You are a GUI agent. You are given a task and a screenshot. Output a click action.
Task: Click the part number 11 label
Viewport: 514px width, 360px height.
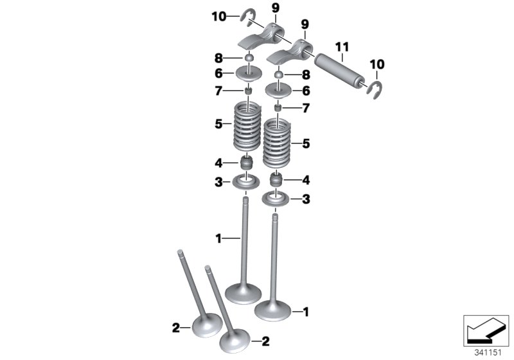342,46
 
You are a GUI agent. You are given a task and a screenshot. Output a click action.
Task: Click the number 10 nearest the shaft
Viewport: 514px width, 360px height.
376,64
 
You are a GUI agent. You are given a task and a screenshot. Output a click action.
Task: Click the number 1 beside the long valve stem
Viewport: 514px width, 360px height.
218,239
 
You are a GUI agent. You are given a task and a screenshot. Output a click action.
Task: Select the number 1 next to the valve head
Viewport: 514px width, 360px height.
306,312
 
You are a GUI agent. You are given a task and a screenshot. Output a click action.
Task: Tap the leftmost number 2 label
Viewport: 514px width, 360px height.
175,328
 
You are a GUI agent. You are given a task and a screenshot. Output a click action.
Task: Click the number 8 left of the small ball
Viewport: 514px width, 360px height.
220,58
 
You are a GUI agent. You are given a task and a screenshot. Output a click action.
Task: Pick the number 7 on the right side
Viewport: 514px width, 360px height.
306,109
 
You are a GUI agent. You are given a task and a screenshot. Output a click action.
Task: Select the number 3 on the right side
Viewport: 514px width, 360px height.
306,200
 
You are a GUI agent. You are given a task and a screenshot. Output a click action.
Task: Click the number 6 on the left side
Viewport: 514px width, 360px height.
220,74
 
